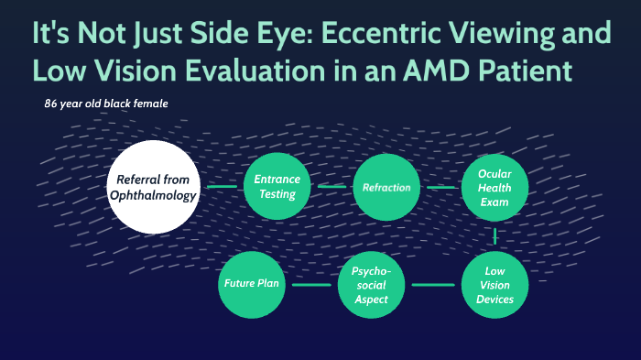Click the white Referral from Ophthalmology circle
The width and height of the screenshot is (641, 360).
pyautogui.click(x=153, y=186)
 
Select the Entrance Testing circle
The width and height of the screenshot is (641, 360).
pyautogui.click(x=276, y=187)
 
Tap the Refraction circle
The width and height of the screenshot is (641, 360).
pyautogui.click(x=386, y=187)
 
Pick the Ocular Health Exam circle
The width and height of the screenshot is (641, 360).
pyautogui.click(x=494, y=187)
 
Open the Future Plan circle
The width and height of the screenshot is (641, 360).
pyautogui.click(x=251, y=285)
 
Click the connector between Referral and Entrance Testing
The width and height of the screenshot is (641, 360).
pyautogui.click(x=222, y=187)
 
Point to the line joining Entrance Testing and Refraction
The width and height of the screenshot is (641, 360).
pyautogui.click(x=331, y=187)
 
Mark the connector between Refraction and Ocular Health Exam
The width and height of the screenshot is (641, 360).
pyautogui.click(x=440, y=187)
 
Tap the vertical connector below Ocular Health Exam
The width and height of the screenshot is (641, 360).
pyautogui.click(x=494, y=236)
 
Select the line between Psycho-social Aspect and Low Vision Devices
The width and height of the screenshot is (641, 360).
pyautogui.click(x=432, y=285)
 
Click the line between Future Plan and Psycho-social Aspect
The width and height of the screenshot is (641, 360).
pyautogui.click(x=311, y=285)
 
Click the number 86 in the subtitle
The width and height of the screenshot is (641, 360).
pyautogui.click(x=51, y=104)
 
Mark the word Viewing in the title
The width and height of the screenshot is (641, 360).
pyautogui.click(x=488, y=34)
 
